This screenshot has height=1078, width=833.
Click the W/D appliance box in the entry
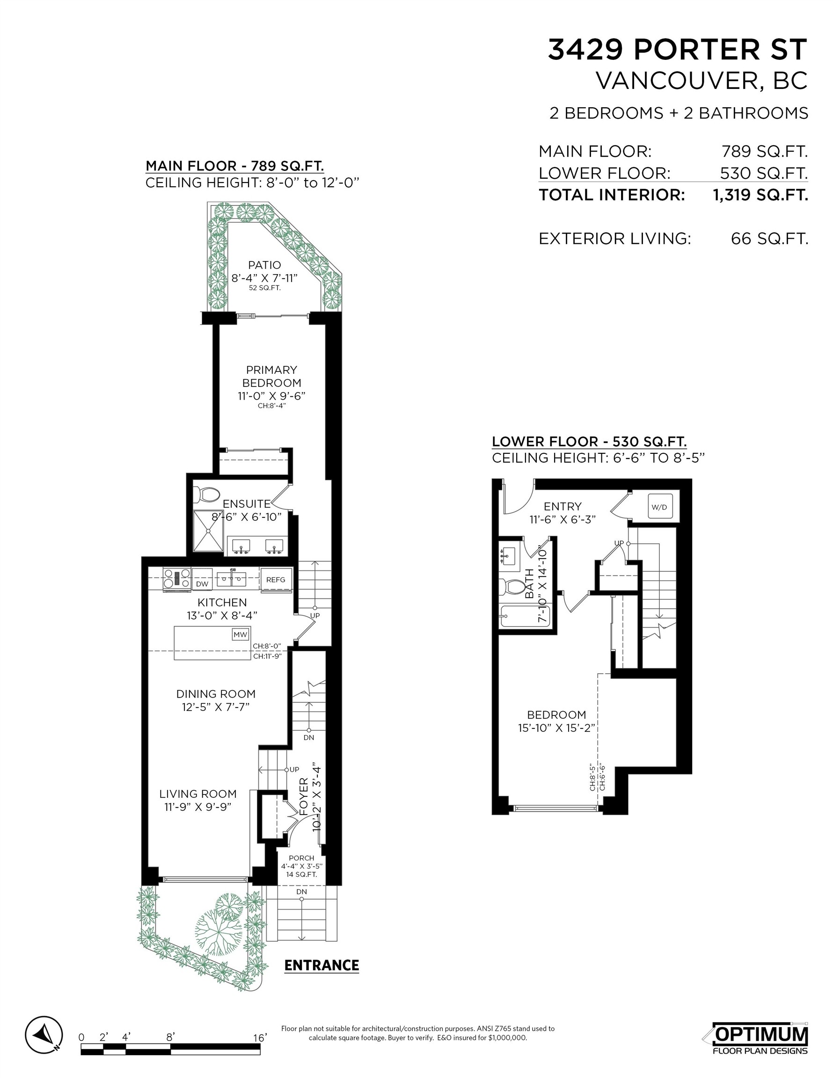click(x=659, y=507)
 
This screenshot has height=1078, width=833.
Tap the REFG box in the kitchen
click(x=276, y=580)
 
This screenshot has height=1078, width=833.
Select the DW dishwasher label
click(x=202, y=584)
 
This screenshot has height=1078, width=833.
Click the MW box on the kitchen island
click(x=241, y=635)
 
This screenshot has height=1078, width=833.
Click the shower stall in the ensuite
click(x=208, y=531)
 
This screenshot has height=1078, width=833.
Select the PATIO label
click(x=265, y=266)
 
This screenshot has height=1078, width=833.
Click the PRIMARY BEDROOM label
click(x=271, y=376)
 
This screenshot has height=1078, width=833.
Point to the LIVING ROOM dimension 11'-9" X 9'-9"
click(x=197, y=807)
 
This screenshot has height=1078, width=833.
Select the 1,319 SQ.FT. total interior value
click(x=760, y=195)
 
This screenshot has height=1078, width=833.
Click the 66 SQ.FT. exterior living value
click(x=769, y=239)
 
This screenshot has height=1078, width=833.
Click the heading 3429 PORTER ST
click(x=677, y=50)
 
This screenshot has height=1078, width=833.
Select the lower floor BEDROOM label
click(x=556, y=715)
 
